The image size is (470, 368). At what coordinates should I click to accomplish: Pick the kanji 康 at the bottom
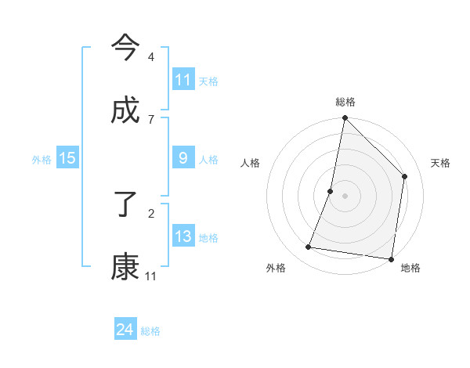pos(125,266)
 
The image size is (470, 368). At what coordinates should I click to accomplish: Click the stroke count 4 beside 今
pos(150,57)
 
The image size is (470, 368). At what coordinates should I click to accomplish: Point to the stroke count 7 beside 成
pos(150,119)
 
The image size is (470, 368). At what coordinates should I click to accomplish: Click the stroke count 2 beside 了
pos(150,212)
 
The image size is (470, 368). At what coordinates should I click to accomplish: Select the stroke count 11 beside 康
pos(150,276)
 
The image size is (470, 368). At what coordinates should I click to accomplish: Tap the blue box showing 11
pos(183,80)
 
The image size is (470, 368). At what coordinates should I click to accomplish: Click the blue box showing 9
pos(183,158)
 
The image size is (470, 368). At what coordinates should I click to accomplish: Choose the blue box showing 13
pos(183,236)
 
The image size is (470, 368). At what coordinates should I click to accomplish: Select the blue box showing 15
pos(67,158)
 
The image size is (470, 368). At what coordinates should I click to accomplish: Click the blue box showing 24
pos(125,330)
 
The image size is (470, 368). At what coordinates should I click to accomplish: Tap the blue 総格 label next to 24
pos(150,331)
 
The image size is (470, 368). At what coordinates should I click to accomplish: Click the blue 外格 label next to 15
pos(42,160)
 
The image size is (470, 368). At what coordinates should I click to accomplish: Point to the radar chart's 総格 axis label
pos(345,102)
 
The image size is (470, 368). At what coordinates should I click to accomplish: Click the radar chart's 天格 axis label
pos(440,163)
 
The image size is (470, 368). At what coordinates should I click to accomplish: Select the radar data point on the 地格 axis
pos(391,258)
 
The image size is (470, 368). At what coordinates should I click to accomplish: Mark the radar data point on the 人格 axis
pos(331,191)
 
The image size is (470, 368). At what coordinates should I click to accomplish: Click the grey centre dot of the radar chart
pos(345,196)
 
